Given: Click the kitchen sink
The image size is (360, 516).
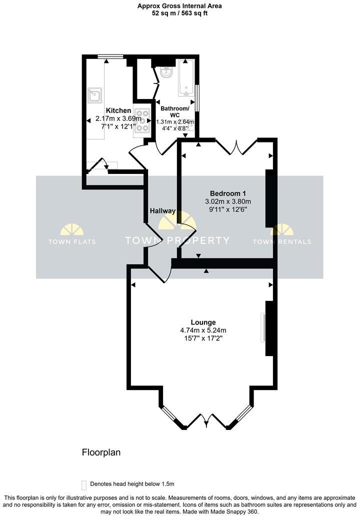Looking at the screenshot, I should coord(94,94).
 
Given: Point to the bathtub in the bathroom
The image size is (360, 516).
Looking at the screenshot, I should coord(186,78).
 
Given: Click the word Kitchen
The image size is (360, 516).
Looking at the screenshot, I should coord(118,110).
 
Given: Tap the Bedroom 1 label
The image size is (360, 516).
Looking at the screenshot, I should coord(228,193).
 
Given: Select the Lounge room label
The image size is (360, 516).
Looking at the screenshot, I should coord(203,322).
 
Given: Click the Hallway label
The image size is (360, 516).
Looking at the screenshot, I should coord(163,211).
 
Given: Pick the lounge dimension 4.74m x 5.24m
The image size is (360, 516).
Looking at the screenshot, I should coord(203,330).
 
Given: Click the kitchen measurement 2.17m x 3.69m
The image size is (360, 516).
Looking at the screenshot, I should coord(118,118).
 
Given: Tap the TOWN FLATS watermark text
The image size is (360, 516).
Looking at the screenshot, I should coord(72,241).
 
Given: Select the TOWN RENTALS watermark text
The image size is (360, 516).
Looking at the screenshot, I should coord(281,241).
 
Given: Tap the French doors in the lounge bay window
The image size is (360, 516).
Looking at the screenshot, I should coord(206,420).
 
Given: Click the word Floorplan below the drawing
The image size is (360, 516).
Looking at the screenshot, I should coord(101,452).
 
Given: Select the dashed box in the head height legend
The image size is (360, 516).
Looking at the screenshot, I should coord(83,484).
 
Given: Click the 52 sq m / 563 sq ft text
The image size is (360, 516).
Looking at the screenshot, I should coord(179,14).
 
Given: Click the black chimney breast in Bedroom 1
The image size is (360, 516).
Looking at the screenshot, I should coord(270,198).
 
